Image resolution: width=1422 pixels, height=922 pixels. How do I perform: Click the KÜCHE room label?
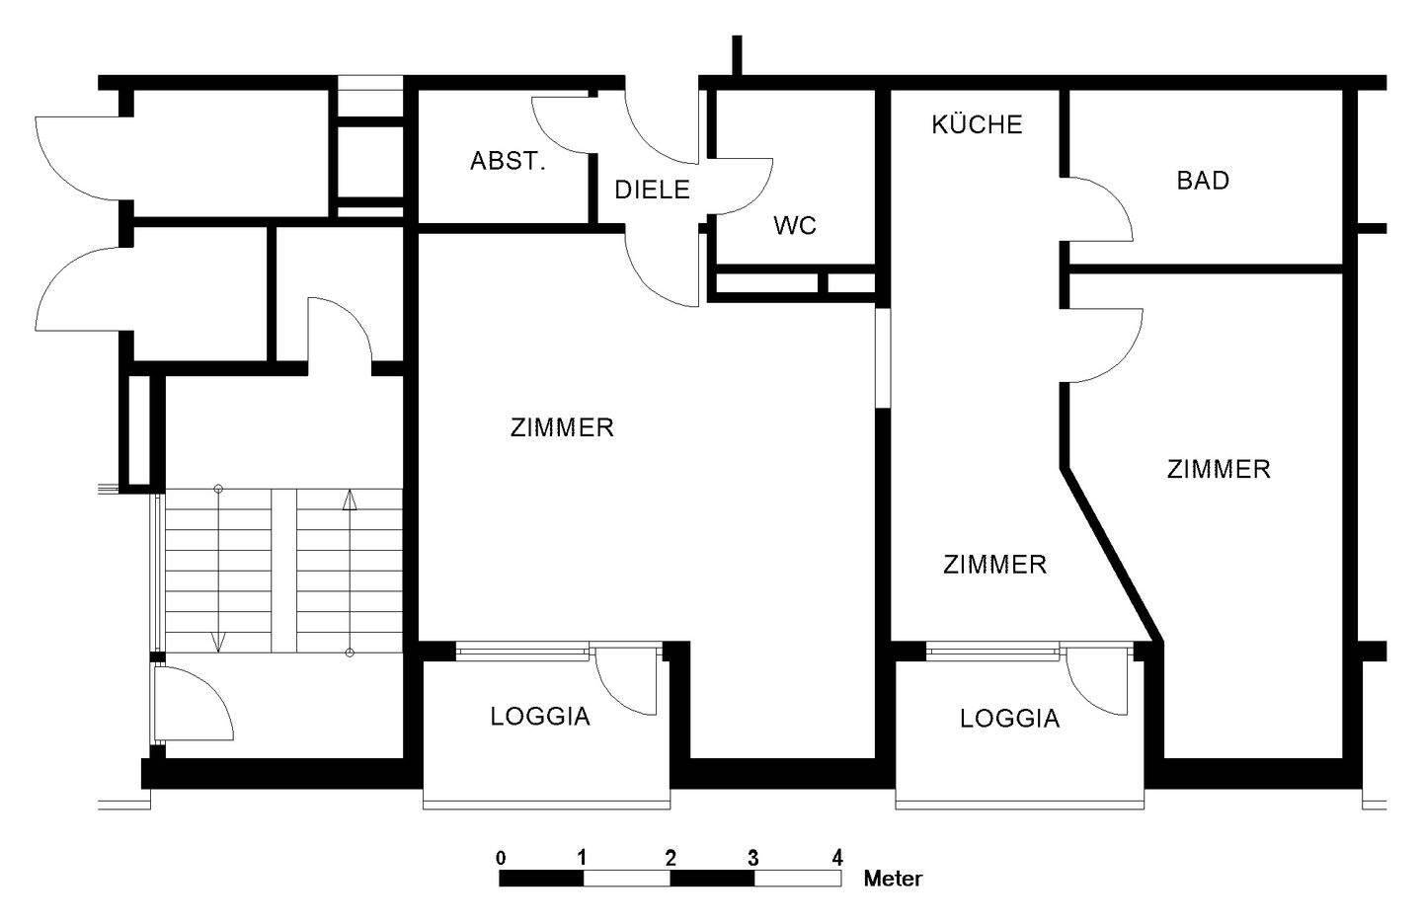click(x=977, y=123)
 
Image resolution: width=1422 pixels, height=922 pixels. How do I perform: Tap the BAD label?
click(x=1203, y=181)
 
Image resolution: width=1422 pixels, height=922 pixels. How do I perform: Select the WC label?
click(x=795, y=225)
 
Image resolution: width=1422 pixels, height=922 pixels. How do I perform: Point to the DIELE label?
click(x=652, y=190)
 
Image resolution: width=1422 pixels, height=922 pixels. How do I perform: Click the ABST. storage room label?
click(x=508, y=161)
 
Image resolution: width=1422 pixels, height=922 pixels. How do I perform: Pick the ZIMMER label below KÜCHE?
click(x=994, y=564)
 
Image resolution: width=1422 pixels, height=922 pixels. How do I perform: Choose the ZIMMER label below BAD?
click(x=1219, y=469)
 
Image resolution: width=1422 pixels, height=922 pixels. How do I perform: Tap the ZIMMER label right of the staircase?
click(x=562, y=427)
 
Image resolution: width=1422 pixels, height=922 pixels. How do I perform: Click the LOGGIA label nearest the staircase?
click(x=540, y=717)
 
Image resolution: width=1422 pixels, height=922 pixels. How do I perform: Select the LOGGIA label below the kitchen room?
click(x=1009, y=719)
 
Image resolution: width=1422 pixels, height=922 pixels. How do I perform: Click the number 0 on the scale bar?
click(x=501, y=859)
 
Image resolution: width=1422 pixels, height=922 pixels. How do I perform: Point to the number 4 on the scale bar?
click(x=837, y=859)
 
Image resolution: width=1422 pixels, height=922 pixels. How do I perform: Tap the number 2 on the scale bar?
click(x=671, y=859)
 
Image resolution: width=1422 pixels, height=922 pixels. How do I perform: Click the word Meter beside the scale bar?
click(x=893, y=879)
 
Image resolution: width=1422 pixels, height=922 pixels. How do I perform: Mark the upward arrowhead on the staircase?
click(x=350, y=500)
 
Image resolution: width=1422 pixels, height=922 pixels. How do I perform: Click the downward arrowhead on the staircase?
click(x=218, y=643)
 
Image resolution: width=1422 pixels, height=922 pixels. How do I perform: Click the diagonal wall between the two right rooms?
click(x=1112, y=555)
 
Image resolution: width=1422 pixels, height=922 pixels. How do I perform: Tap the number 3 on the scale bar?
click(x=752, y=859)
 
